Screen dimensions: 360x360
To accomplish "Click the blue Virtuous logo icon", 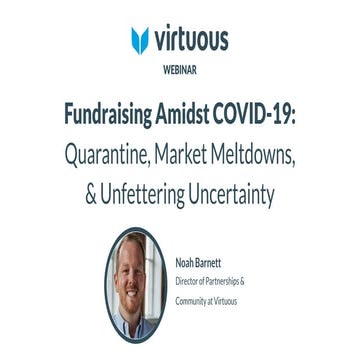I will [140, 40].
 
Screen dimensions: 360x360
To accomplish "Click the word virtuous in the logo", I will [192, 39].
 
